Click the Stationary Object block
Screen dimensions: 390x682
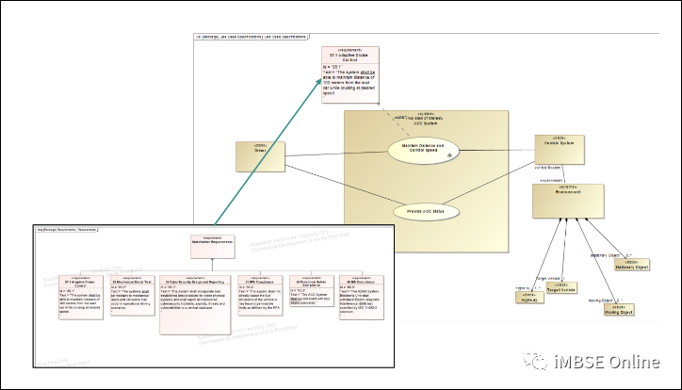pos(632,266)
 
